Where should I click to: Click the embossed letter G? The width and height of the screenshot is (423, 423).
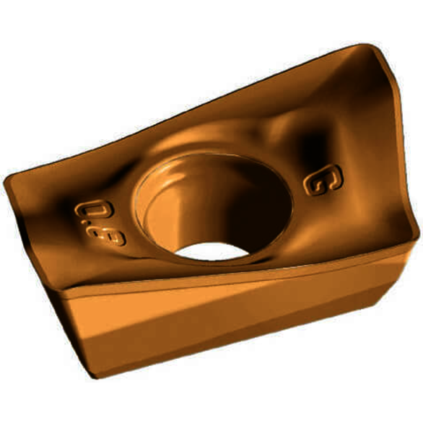click(318, 182)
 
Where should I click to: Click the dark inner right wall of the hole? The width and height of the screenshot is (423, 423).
click(267, 206)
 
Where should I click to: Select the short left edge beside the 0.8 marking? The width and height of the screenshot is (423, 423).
click(32, 231)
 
